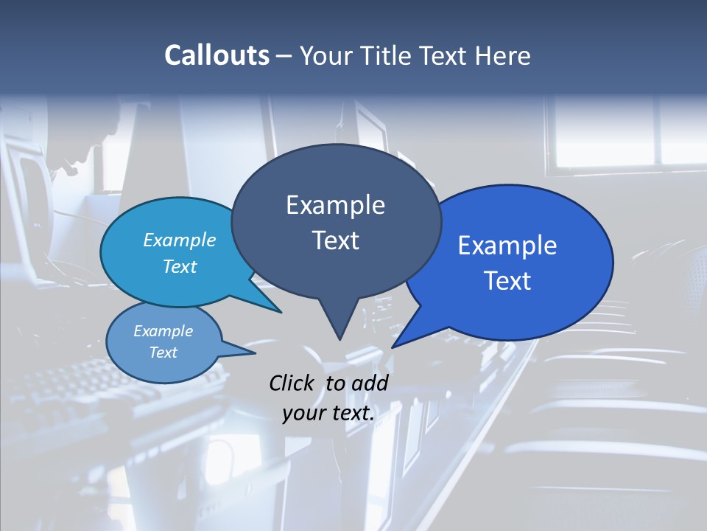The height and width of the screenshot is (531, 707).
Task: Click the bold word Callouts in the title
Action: [217, 55]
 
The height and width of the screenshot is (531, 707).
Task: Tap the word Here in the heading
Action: [500, 55]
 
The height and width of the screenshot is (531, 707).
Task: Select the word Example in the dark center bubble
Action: [335, 205]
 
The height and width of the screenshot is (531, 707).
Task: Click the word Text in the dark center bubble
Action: [335, 240]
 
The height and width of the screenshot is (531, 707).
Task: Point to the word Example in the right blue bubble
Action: [507, 246]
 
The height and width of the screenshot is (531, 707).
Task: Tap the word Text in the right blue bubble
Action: [507, 281]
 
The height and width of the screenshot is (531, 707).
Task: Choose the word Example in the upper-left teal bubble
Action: [180, 240]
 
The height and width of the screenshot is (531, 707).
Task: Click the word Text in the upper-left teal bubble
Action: [180, 266]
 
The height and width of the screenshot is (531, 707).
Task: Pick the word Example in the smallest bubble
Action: [163, 331]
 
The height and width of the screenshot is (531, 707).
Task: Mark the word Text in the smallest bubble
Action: [163, 353]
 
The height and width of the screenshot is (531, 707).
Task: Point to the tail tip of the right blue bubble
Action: [393, 347]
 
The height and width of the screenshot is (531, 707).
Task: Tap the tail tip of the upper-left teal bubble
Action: [281, 312]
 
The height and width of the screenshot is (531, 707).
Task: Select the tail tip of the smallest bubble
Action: [255, 353]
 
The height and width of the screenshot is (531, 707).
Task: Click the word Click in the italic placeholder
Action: [293, 383]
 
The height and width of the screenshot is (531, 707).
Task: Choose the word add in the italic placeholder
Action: [370, 383]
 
